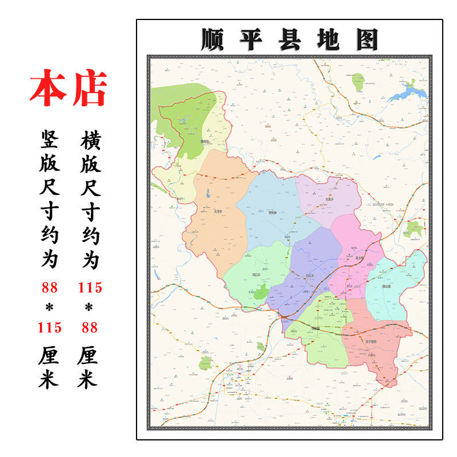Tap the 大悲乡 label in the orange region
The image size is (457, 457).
pyautogui.click(x=217, y=211)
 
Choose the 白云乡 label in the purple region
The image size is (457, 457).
pyautogui.click(x=311, y=275)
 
